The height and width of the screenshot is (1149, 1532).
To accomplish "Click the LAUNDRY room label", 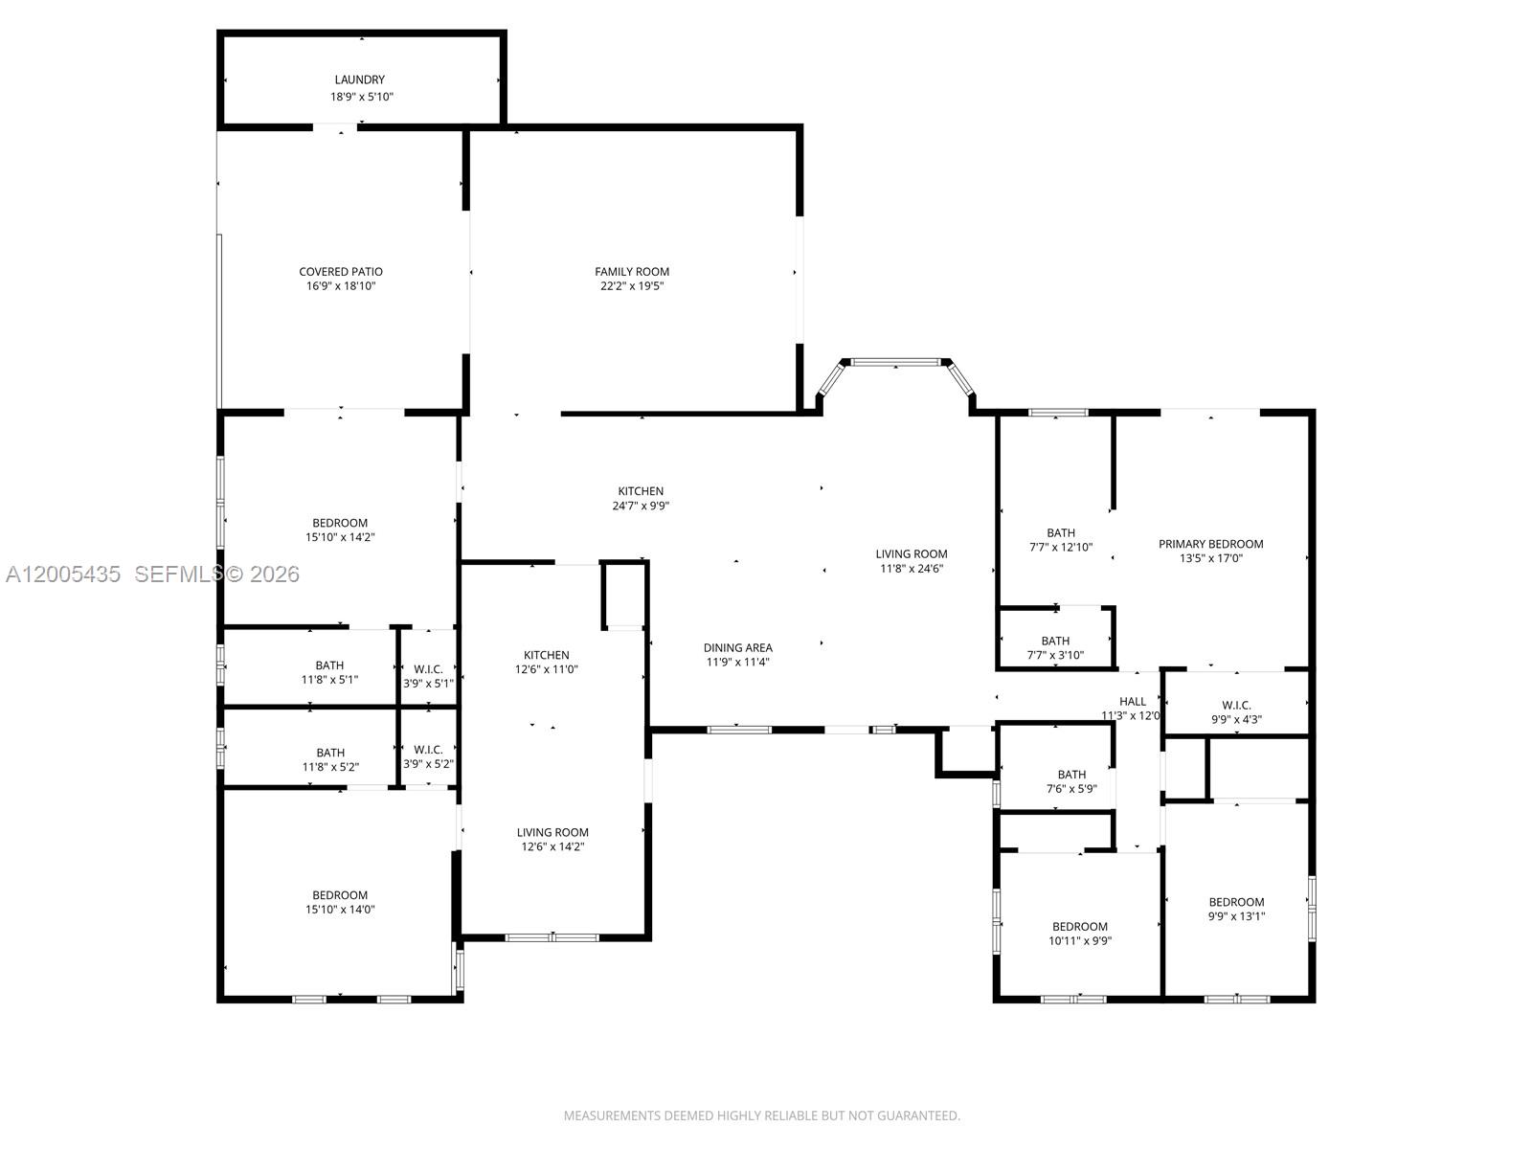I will tap(359, 79).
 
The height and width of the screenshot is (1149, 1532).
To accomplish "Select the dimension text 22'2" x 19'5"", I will tap(631, 286).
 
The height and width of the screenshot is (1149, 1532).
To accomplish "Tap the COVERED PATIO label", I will tap(340, 272).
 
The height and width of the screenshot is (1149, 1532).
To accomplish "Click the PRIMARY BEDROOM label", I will tap(1210, 544).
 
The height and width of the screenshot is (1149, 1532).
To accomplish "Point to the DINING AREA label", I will tap(737, 648).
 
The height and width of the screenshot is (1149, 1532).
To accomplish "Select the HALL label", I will tap(1132, 702).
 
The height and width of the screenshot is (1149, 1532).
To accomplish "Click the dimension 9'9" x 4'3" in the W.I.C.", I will tap(1236, 719).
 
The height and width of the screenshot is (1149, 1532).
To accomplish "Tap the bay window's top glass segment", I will tap(896, 363).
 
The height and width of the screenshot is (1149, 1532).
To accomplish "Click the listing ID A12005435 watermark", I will tap(63, 574).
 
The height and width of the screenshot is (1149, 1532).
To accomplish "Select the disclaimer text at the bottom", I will tap(761, 1115).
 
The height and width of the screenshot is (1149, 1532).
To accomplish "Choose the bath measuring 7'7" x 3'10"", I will tap(1055, 648).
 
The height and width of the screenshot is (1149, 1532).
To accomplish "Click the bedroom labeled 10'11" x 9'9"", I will tap(1079, 934).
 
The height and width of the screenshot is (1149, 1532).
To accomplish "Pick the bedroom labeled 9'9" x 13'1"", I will tap(1236, 909).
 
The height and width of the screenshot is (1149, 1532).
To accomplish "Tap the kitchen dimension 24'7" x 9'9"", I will tap(641, 507).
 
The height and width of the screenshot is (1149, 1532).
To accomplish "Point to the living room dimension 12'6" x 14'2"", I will tap(552, 847).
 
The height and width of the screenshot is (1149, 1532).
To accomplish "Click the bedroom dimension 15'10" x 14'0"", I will tap(340, 910).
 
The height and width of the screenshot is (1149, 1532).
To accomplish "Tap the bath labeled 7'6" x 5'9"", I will tap(1071, 782).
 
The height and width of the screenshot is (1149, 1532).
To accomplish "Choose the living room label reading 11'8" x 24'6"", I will tap(911, 561).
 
